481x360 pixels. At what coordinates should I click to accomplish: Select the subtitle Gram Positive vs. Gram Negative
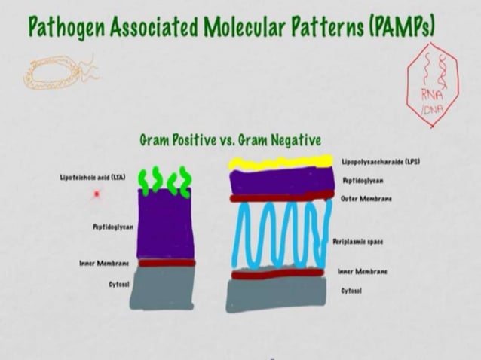[x=231, y=140]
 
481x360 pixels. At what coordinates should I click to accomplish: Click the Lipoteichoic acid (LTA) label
[x=93, y=178]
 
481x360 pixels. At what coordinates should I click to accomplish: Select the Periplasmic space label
[x=358, y=242]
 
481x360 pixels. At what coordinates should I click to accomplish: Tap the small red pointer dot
[x=97, y=194]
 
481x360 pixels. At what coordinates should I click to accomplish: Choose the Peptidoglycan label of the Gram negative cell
[x=363, y=181]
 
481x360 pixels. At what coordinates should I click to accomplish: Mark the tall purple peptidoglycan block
[x=165, y=224]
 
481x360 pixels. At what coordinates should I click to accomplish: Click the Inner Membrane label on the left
[x=104, y=263]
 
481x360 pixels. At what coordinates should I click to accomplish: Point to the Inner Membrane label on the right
[x=362, y=271]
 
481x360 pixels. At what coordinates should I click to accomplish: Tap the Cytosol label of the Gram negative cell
[x=351, y=290]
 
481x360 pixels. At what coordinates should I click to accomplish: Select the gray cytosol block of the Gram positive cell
[x=162, y=287]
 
